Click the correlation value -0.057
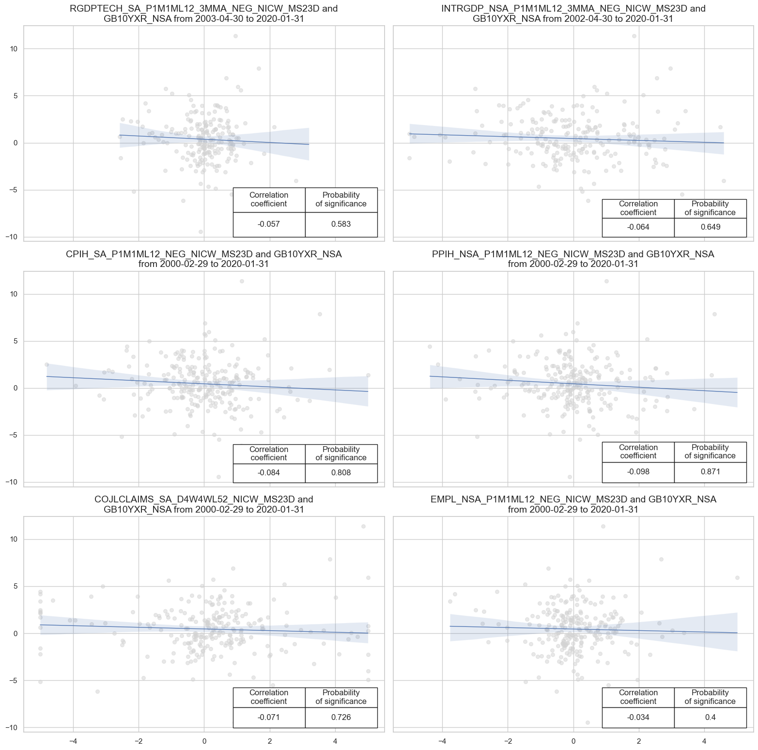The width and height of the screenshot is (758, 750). pos(269,224)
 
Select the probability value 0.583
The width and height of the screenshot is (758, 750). pos(341,224)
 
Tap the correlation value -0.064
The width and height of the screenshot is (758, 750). pos(638,227)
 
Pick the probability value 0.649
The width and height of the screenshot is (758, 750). pos(710,227)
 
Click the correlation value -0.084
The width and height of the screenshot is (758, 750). pos(269,473)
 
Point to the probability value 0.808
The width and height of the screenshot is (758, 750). pos(341,473)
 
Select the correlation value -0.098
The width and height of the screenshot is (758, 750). pos(638,472)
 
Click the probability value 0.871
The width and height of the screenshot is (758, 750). pos(710,472)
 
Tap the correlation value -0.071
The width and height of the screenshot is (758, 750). pos(269,717)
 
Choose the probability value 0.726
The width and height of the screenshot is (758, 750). pos(341,717)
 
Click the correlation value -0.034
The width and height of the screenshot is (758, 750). pos(638,717)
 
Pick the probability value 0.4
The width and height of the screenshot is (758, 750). pos(710,717)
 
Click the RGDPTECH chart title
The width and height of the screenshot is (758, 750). pos(204,14)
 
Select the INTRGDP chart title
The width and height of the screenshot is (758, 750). pos(573,14)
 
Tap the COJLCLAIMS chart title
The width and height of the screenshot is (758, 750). pos(204,504)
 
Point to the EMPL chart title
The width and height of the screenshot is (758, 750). pos(573,504)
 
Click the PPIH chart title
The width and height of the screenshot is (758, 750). pos(573,259)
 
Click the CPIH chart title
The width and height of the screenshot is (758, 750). pos(204,259)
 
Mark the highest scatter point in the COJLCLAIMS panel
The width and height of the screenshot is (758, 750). pos(363,526)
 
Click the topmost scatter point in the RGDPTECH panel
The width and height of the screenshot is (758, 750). pos(235,36)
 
